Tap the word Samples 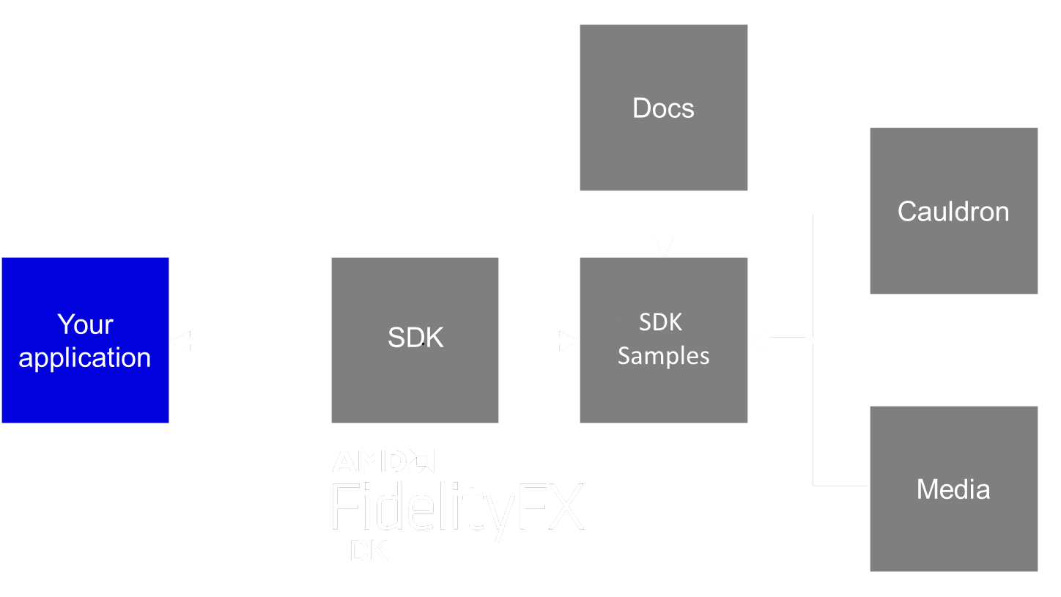(x=663, y=356)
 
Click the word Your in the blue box (x=85, y=325)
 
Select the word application (x=85, y=357)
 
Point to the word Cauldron (x=953, y=212)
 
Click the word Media (x=953, y=489)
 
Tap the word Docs (x=663, y=108)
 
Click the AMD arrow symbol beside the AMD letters (x=422, y=461)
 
